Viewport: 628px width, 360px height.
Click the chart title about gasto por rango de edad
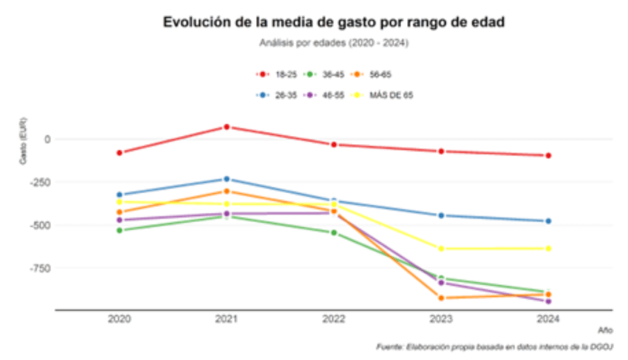(x=334, y=23)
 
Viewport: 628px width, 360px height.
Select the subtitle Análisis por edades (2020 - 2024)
(x=334, y=44)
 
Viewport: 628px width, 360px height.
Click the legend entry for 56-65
(x=372, y=74)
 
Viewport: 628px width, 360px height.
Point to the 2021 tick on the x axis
(x=226, y=320)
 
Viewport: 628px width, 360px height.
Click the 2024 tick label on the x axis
(x=548, y=320)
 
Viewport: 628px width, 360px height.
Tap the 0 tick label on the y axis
(x=47, y=139)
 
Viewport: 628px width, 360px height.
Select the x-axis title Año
(x=605, y=330)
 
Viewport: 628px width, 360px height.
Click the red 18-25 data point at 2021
(x=226, y=127)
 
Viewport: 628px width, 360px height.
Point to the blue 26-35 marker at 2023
(x=441, y=215)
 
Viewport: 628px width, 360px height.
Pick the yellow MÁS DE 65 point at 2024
(x=548, y=248)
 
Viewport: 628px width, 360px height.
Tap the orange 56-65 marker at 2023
(x=441, y=298)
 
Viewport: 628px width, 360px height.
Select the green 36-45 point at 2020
(x=120, y=230)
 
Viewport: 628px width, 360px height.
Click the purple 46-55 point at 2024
(x=548, y=301)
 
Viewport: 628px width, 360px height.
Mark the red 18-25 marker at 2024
(x=548, y=156)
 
